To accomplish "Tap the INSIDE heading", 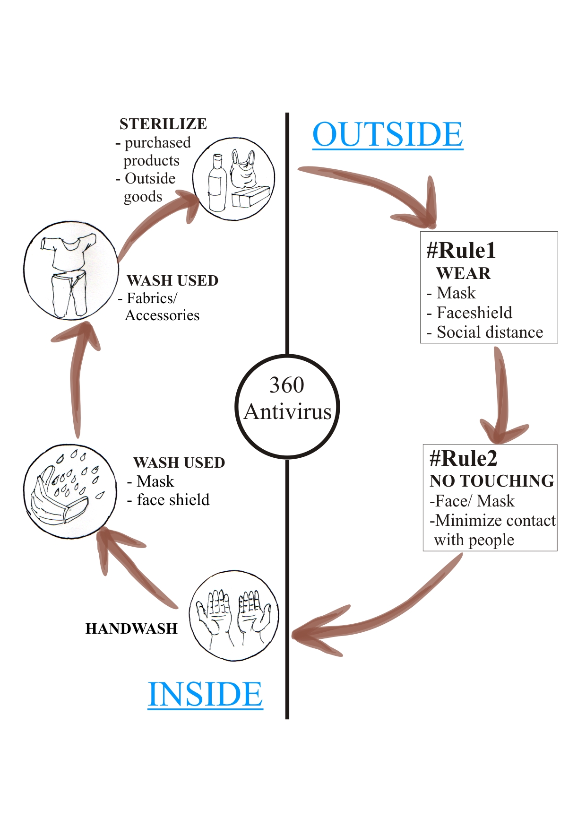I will [205, 694].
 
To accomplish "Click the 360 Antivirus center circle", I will [287, 406].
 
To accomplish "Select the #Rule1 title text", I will [461, 250].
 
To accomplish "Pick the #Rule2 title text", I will [463, 458].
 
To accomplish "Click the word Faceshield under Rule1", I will [474, 313].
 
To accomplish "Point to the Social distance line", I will [490, 332].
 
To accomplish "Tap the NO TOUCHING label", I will [491, 481].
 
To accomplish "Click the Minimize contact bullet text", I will [495, 521].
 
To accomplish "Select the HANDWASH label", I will [131, 628].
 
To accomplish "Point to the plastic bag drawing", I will [243, 170].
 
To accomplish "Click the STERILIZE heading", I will [163, 124].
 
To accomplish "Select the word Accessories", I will [162, 315].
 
